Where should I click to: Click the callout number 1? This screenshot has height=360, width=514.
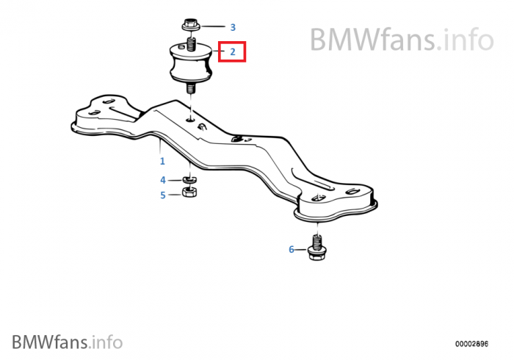tap(162, 161)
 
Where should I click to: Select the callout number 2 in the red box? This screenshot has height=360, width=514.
tap(233, 52)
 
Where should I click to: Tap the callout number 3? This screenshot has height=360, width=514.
tap(233, 27)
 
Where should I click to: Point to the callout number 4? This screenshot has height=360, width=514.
tap(163, 180)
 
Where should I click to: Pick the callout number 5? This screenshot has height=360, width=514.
tap(163, 195)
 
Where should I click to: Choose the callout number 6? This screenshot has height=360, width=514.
tap(292, 250)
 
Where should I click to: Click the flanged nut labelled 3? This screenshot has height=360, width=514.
tap(191, 25)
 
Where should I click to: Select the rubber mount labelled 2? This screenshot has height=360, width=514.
tap(191, 62)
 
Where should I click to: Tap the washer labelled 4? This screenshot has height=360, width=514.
tap(189, 179)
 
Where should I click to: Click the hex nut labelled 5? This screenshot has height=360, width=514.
tap(189, 192)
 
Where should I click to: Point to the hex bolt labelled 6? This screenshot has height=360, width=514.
tap(316, 248)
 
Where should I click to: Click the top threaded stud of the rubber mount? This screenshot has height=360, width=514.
tap(191, 44)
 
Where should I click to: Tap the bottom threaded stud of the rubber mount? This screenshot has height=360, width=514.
tap(191, 87)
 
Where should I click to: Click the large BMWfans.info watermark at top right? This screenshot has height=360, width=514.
tap(402, 40)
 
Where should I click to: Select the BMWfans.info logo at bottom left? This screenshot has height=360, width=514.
tap(68, 342)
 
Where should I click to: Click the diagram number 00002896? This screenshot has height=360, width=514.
tap(471, 344)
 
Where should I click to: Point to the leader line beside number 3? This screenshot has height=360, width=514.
tap(213, 26)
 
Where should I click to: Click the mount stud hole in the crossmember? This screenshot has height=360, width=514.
tap(190, 120)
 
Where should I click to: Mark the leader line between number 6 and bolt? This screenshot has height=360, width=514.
tap(301, 250)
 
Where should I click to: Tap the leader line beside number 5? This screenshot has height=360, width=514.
tap(175, 195)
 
